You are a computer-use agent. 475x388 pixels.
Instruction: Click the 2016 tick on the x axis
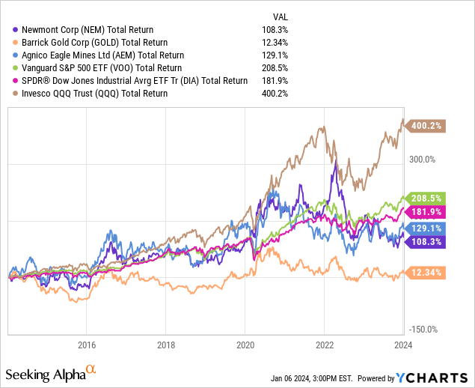pos(87,345)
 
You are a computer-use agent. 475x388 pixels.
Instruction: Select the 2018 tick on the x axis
pos(167,345)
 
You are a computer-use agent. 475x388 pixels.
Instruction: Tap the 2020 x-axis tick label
pos(246,345)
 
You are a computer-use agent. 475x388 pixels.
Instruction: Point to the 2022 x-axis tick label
pos(325,345)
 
